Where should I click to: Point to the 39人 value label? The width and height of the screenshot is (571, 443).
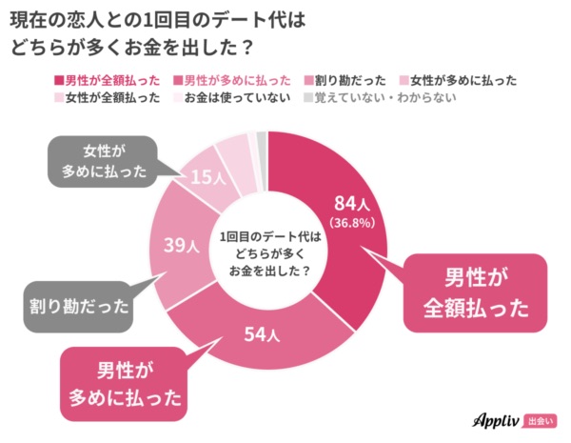181,246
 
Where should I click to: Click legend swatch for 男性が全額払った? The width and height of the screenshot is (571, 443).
61,80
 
